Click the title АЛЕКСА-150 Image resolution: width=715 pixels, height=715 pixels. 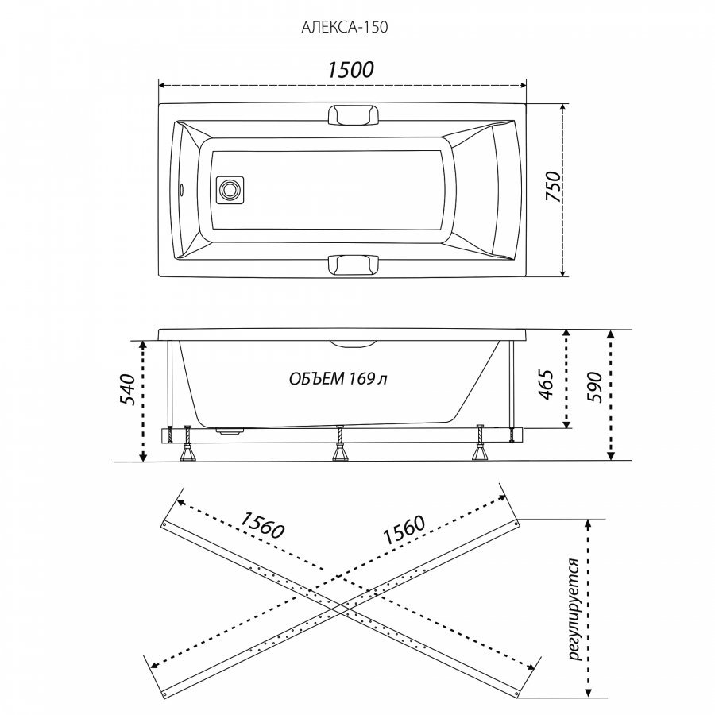tap(344, 27)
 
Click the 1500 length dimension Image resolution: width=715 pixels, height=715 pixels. tap(350, 70)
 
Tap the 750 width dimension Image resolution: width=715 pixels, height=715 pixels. tap(553, 186)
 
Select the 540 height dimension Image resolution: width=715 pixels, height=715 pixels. tap(127, 390)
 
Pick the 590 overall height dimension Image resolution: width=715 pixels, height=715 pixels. tap(594, 387)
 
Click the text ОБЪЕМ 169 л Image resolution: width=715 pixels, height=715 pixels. tap(338, 378)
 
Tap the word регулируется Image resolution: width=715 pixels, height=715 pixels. tap(574, 609)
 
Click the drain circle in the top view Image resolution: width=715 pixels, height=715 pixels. tap(230, 189)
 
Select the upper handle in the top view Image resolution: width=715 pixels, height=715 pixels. tap(354, 114)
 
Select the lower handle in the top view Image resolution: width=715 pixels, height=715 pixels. tap(354, 265)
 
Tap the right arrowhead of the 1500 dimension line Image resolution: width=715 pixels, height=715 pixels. tap(524, 85)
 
